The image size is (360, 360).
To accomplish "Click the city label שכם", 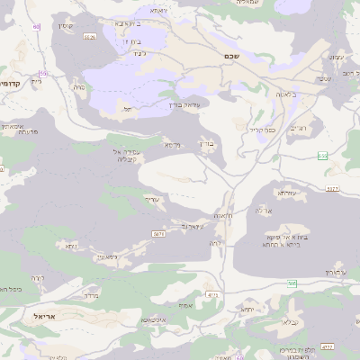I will [x=229, y=56].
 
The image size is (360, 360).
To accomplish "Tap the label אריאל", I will [x=45, y=317].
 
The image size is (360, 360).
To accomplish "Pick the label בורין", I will [x=207, y=142].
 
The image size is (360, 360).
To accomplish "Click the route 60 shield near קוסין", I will [x=37, y=26].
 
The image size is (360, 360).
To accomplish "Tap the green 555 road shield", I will [x=322, y=156].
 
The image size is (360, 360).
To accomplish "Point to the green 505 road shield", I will [x=292, y=283].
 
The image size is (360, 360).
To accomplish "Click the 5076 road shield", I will [x=157, y=233].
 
